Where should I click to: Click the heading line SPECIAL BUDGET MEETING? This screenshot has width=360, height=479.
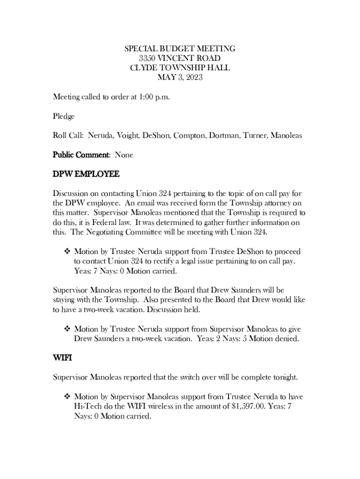point(180,49)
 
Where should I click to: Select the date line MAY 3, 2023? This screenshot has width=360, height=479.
point(180,78)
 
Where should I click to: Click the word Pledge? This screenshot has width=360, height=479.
point(64,116)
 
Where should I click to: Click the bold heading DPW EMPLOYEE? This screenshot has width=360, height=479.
point(86,174)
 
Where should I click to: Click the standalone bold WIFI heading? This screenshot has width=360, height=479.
point(62,358)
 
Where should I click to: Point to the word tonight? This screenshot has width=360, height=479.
point(283,377)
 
